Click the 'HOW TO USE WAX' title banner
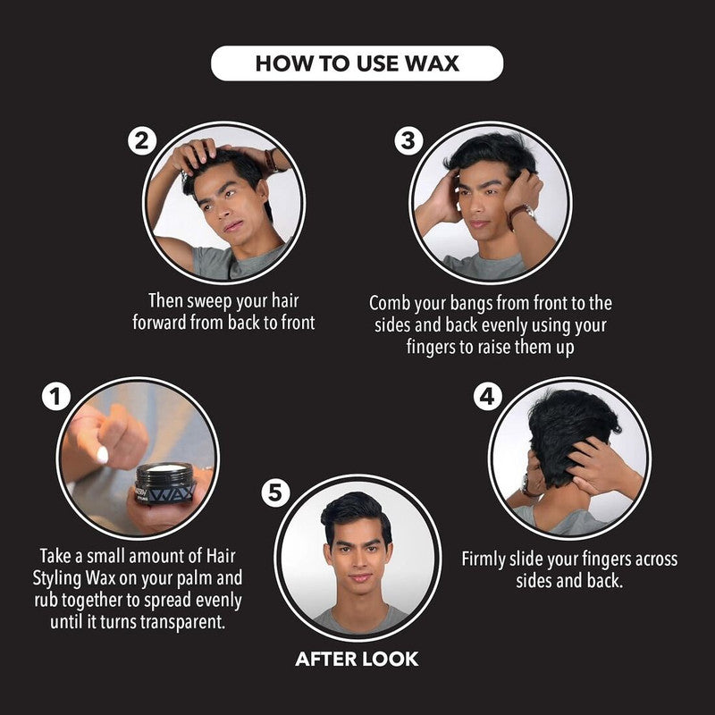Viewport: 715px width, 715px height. (x=357, y=63)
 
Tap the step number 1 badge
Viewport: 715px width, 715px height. (x=55, y=397)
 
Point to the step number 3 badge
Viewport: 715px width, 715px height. (x=408, y=142)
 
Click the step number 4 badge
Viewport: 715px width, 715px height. (x=486, y=397)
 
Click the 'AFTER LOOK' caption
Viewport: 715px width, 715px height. (x=357, y=660)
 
